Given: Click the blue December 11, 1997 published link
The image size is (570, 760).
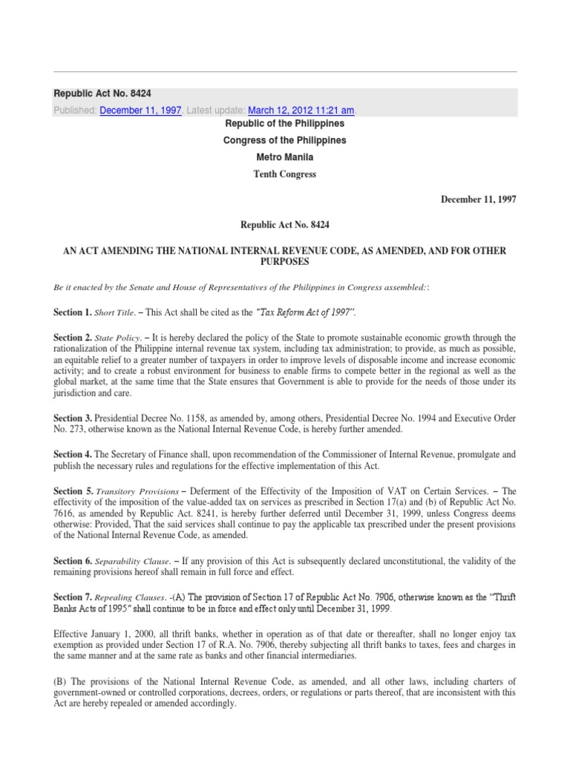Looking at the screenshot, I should click(x=140, y=111).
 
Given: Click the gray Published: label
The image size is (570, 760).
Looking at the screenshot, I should click(x=75, y=111).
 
